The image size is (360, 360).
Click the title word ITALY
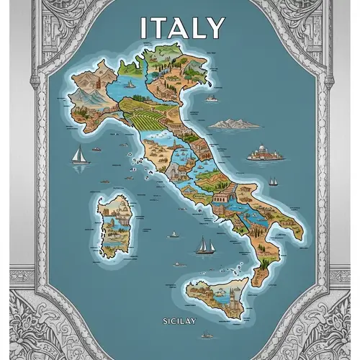(181, 28)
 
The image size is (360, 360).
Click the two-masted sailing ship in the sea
(206, 246)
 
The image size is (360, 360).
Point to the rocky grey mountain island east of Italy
(236, 124)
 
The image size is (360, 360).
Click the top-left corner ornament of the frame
(22, 22)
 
